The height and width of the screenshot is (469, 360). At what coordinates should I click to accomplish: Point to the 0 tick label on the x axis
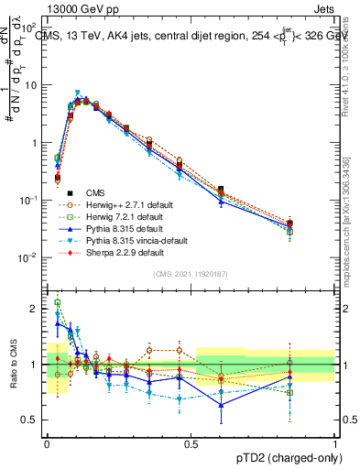tap(47, 442)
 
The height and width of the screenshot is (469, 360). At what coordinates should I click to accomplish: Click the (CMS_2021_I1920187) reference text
tap(190, 274)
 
